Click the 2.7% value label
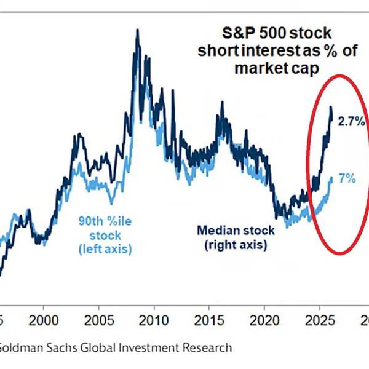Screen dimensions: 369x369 coord(352,122)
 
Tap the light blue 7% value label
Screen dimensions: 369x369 coord(347,179)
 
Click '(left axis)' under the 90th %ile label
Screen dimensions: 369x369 coord(105,248)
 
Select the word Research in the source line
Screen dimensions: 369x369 coord(207,347)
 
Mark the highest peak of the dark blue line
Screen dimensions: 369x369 coord(137,30)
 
